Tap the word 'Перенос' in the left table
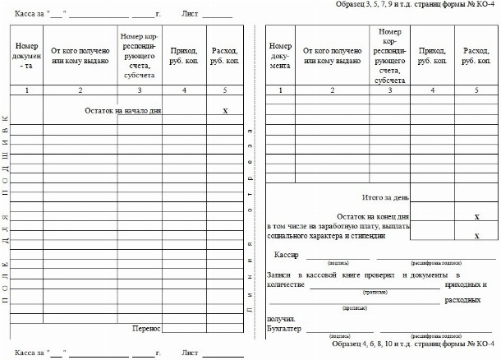146,327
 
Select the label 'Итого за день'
385,197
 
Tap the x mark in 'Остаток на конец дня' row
477,216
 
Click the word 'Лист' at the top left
191,15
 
